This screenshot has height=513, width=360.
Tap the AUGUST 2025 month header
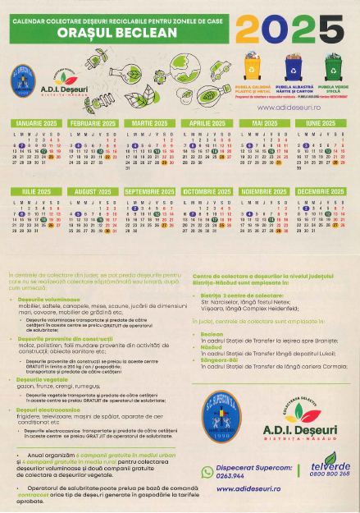click(x=93, y=191)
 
